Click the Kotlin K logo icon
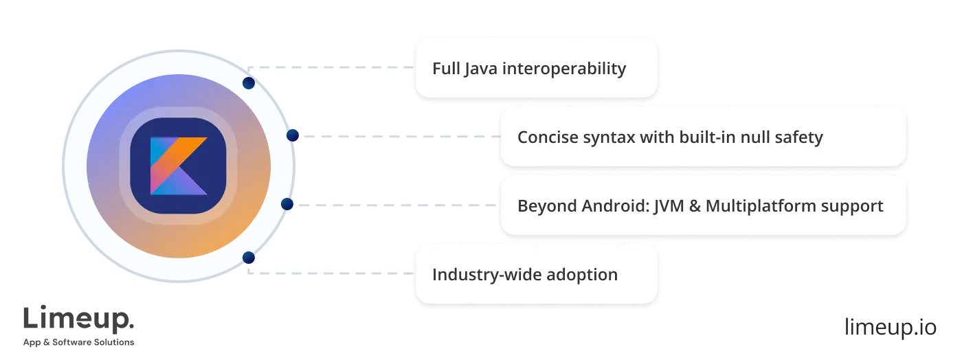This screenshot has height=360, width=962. [x=179, y=166]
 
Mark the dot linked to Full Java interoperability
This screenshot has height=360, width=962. [x=249, y=83]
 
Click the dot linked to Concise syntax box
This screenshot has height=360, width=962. [x=293, y=136]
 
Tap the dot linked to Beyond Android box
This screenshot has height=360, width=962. [x=288, y=204]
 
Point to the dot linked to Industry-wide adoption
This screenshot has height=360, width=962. [x=249, y=258]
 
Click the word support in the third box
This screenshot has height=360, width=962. [x=854, y=205]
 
